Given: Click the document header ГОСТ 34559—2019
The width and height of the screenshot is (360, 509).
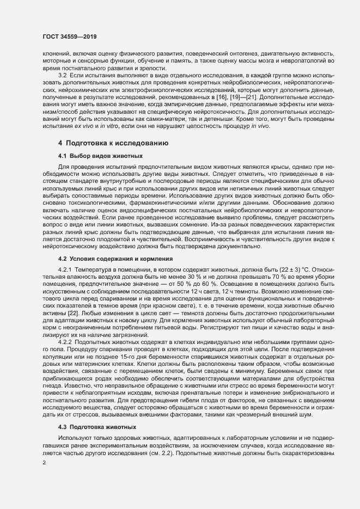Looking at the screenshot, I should pos(66,36).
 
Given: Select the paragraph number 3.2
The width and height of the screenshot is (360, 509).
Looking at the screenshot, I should pos(63,74).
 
